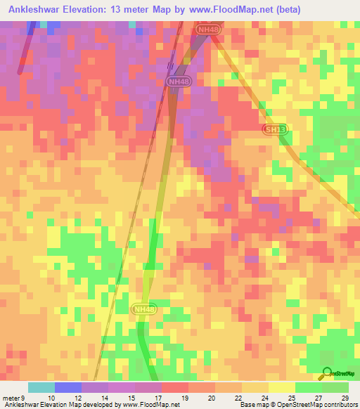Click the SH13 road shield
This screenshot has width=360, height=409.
click(275, 129)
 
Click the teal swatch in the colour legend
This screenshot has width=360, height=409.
click(41, 387)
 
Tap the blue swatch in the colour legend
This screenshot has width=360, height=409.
click(68, 387)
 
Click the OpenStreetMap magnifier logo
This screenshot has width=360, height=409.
click(326, 372)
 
